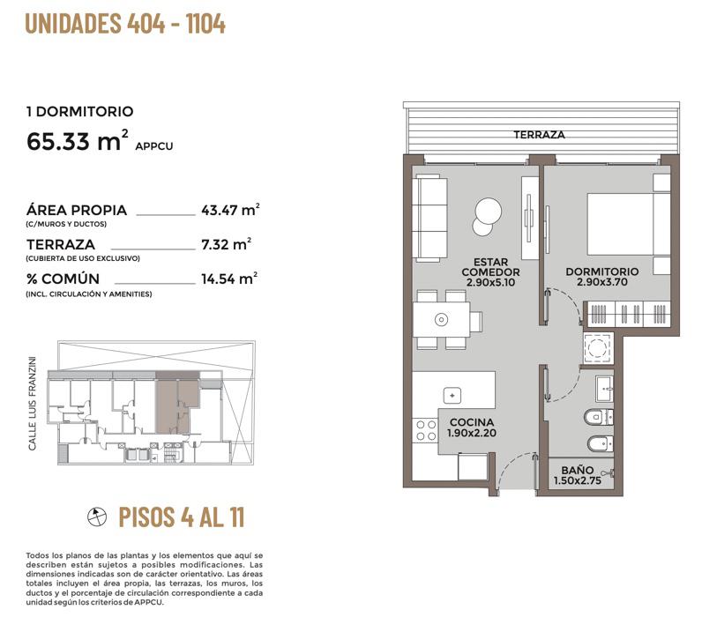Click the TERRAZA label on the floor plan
pyautogui.click(x=539, y=135)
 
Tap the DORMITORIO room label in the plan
pyautogui.click(x=602, y=271)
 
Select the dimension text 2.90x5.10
pyautogui.click(x=490, y=282)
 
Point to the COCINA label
pyautogui.click(x=472, y=422)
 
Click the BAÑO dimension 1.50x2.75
pyautogui.click(x=578, y=481)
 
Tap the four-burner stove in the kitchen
pyautogui.click(x=426, y=430)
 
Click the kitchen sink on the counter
pyautogui.click(x=452, y=396)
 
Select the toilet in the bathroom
pyautogui.click(x=599, y=418)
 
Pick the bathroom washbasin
pyautogui.click(x=605, y=389)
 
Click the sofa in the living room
pyautogui.click(x=429, y=218)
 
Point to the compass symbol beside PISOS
pyautogui.click(x=97, y=517)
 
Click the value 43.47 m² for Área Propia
pyautogui.click(x=230, y=210)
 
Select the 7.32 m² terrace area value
pyautogui.click(x=226, y=244)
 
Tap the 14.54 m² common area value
pyautogui.click(x=229, y=279)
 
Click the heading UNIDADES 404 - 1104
pyautogui.click(x=125, y=24)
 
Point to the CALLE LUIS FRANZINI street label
pyautogui.click(x=32, y=403)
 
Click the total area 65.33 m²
pyautogui.click(x=78, y=140)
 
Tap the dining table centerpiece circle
pyautogui.click(x=442, y=319)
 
